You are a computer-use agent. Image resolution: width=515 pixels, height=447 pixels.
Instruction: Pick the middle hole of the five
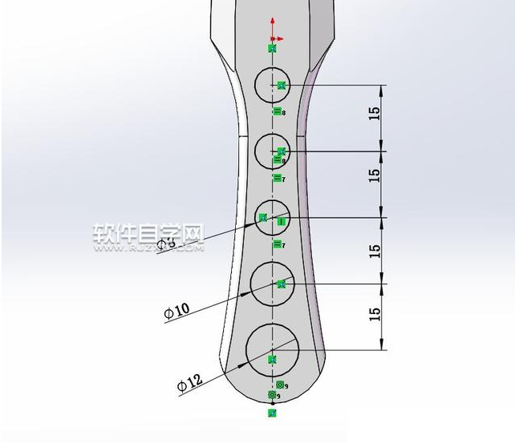pyautogui.click(x=273, y=217)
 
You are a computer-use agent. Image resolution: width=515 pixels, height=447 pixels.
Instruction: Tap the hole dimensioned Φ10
pyautogui.click(x=273, y=284)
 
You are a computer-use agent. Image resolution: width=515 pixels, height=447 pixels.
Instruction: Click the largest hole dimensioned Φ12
pyautogui.click(x=273, y=350)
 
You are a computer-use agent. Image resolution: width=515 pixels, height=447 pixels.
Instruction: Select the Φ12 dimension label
pyautogui.click(x=189, y=385)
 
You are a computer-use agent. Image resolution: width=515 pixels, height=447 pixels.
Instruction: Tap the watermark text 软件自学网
pyautogui.click(x=149, y=233)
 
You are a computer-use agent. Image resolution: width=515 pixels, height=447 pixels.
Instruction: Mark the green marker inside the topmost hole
pyautogui.click(x=281, y=84)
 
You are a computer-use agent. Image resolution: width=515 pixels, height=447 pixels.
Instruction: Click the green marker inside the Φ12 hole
pyautogui.click(x=272, y=359)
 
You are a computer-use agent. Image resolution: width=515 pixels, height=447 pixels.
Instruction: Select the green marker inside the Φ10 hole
pyautogui.click(x=281, y=284)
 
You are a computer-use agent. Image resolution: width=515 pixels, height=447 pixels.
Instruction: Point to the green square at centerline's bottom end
pyautogui.click(x=273, y=413)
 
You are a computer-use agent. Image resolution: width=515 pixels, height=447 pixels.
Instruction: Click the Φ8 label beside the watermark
pyautogui.click(x=165, y=243)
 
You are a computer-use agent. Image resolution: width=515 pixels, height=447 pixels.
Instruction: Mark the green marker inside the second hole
pyautogui.click(x=281, y=151)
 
